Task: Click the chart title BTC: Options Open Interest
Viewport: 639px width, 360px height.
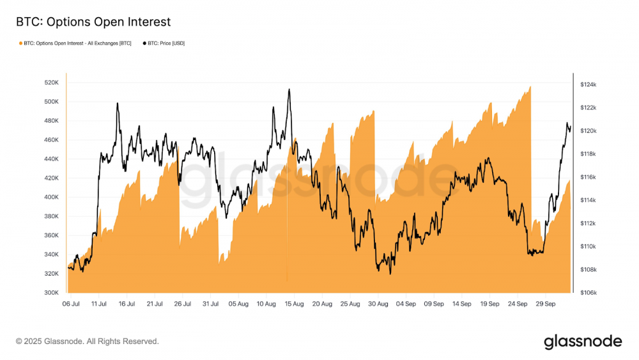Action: [x=93, y=22]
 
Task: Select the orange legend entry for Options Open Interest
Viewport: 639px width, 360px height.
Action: [x=75, y=43]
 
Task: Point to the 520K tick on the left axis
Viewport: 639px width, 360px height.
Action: [x=52, y=82]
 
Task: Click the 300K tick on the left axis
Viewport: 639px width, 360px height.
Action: [x=52, y=293]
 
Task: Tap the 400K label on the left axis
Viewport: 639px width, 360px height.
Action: [x=52, y=197]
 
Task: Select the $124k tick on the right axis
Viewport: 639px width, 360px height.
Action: [x=588, y=84]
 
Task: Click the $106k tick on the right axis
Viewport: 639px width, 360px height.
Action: [x=588, y=293]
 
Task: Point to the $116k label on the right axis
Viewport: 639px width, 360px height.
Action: [x=588, y=177]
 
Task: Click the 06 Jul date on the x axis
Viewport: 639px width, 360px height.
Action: [x=71, y=304]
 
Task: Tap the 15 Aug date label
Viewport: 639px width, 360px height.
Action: [x=295, y=304]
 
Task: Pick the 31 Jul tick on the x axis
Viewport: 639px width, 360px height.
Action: [x=211, y=304]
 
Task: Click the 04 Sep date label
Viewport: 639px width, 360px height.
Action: [x=406, y=304]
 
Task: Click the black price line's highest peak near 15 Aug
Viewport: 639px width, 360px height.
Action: [x=289, y=90]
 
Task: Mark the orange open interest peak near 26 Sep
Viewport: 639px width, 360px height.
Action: [x=530, y=87]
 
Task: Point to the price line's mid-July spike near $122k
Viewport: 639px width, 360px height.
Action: [x=117, y=103]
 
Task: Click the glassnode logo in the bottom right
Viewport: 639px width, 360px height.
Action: [x=583, y=341]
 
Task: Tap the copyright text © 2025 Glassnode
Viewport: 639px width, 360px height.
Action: [x=88, y=341]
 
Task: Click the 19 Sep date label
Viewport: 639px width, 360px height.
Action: [x=489, y=304]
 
